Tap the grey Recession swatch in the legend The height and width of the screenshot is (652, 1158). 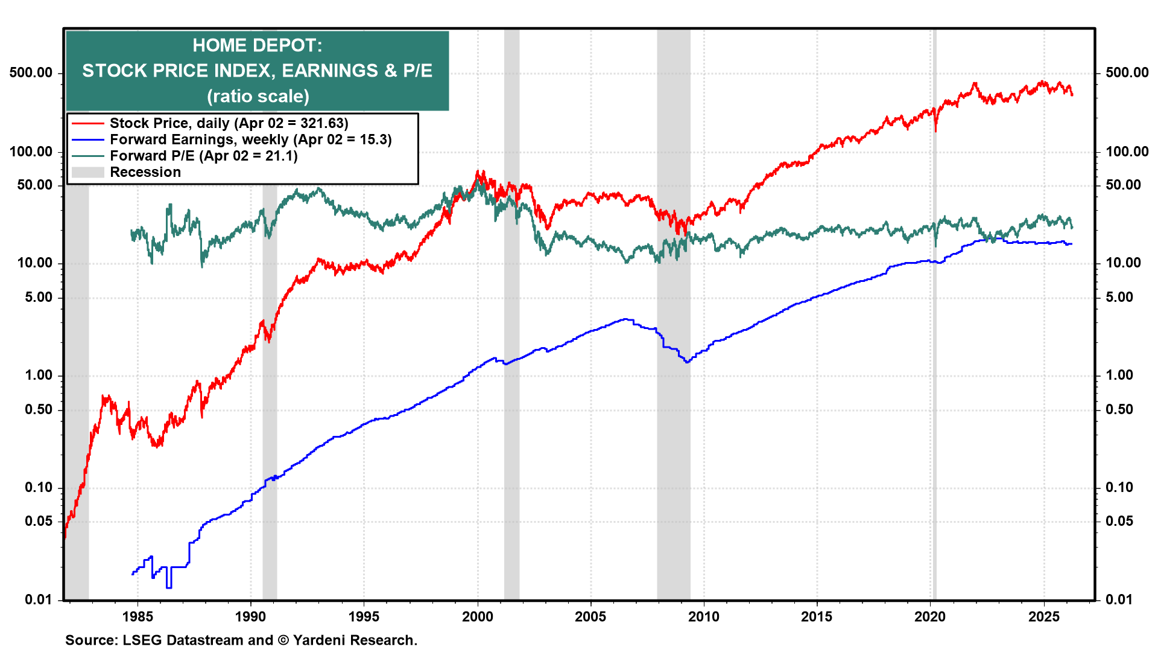point(87,173)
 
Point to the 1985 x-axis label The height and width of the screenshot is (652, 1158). point(138,616)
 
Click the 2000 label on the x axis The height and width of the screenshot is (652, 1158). point(478,616)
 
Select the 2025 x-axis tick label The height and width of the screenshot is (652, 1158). point(1043,616)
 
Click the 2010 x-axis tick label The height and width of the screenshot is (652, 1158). point(704,616)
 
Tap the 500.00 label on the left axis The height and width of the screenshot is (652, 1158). point(31,72)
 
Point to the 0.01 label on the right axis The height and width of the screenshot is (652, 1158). point(1119,599)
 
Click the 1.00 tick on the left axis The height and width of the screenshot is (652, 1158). point(39,375)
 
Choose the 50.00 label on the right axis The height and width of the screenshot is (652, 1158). point(1123,185)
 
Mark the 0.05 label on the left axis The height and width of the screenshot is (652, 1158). point(39,521)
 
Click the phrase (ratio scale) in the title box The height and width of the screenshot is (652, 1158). point(258,97)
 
